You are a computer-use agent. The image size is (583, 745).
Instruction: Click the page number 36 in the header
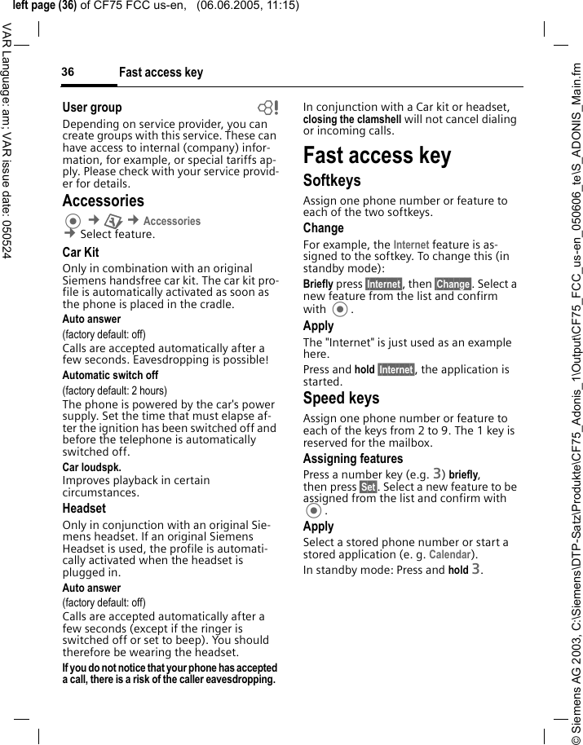pyautogui.click(x=68, y=73)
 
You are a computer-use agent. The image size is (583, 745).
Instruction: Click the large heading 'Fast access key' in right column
pyautogui.click(x=377, y=155)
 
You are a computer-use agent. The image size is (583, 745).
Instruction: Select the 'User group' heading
pyautogui.click(x=92, y=107)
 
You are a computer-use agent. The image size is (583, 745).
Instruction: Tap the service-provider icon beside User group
pyautogui.click(x=267, y=108)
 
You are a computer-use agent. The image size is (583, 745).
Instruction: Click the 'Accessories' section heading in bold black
pyautogui.click(x=103, y=201)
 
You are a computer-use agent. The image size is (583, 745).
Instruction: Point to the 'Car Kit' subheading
pyautogui.click(x=81, y=252)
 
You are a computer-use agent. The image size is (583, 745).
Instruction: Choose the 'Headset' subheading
pyautogui.click(x=84, y=508)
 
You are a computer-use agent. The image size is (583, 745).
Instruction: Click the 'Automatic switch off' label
pyautogui.click(x=110, y=376)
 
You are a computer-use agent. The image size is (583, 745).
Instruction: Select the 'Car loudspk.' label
pyautogui.click(x=91, y=468)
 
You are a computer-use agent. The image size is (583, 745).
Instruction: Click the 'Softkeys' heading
pyautogui.click(x=332, y=180)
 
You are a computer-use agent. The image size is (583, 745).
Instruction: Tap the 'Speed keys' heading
pyautogui.click(x=341, y=398)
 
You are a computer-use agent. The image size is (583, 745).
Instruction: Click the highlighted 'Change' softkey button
pyautogui.click(x=453, y=284)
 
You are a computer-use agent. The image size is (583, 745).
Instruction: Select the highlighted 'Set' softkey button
pyautogui.click(x=368, y=487)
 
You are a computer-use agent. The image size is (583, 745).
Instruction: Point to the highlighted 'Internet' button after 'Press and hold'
pyautogui.click(x=395, y=369)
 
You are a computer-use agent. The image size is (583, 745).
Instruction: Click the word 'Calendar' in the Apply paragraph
pyautogui.click(x=449, y=554)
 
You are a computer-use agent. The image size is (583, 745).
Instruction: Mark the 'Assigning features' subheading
pyautogui.click(x=353, y=459)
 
